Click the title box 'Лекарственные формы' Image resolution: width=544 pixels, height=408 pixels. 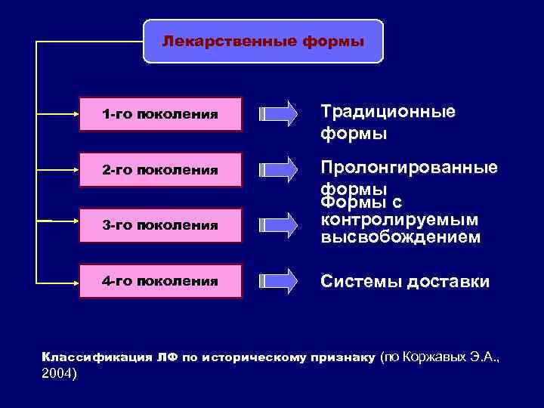coord(263,41)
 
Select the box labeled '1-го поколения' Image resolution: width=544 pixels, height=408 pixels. coord(160,115)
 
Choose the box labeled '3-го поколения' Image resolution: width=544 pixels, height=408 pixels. coord(160,225)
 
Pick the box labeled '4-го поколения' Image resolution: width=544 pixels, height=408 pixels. coord(160,281)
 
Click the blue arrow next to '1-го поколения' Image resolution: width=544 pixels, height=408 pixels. coord(278,115)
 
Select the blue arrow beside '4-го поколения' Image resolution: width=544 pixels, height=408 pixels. coord(278,281)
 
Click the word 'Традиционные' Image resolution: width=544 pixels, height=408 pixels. coord(388,112)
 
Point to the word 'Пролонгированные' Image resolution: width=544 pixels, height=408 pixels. coord(409,167)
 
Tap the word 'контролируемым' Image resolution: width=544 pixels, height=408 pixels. coord(400,220)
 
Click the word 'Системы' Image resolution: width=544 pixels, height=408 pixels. coord(361,282)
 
